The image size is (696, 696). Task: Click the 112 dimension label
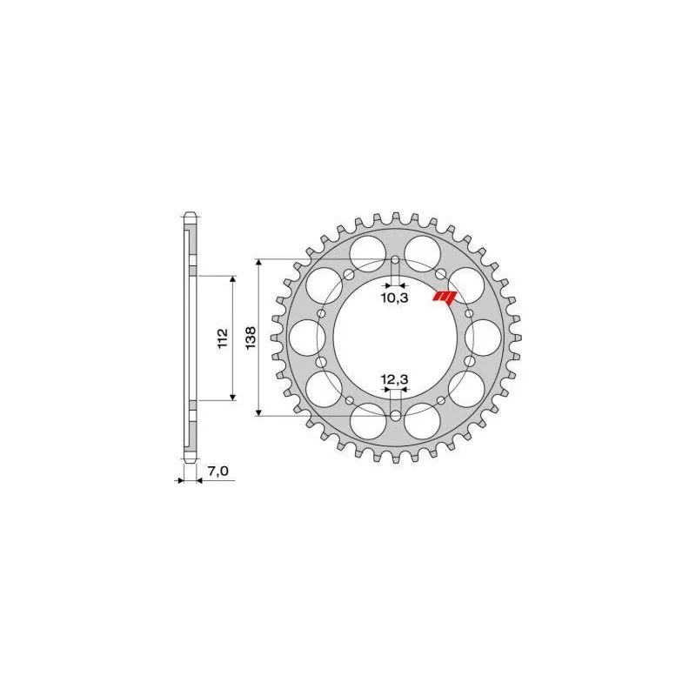click(x=223, y=338)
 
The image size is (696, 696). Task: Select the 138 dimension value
click(x=249, y=338)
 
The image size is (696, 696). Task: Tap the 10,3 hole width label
click(x=394, y=298)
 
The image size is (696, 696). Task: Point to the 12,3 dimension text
click(x=394, y=379)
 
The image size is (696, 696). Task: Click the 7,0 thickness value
click(x=217, y=471)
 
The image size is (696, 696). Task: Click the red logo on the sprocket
click(x=445, y=298)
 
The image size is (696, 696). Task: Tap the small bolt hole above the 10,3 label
click(x=394, y=260)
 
